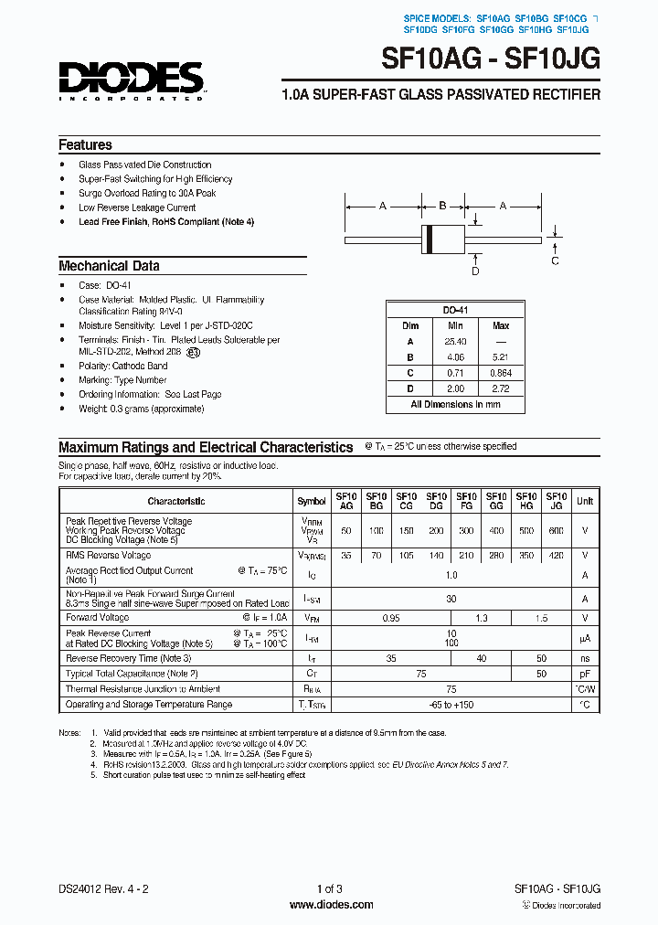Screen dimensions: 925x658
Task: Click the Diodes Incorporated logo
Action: coord(132,80)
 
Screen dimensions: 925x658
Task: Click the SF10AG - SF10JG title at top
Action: coord(490,58)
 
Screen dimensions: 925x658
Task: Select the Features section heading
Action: coord(85,144)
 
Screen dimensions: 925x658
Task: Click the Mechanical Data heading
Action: coord(109,266)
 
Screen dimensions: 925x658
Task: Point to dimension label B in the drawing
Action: coord(441,206)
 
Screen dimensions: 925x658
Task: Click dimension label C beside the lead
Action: coord(555,261)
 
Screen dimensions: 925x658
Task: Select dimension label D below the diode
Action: coord(475,271)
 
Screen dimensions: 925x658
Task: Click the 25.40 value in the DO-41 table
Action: coord(454,341)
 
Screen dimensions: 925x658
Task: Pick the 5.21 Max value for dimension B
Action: coord(501,356)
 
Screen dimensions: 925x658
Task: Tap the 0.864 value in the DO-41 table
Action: coord(501,372)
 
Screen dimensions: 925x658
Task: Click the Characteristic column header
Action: coord(175,501)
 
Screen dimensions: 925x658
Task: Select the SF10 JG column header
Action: coord(556,501)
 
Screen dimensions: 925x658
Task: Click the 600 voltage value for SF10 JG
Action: coord(556,531)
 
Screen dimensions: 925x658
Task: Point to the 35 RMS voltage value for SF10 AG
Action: coord(346,555)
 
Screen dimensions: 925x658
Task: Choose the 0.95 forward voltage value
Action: coord(391,618)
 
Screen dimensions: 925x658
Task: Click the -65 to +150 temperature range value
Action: coord(451,705)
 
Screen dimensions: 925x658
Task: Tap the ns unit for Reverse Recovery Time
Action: coord(585,658)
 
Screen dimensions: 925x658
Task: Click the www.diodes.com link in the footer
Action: coord(331,905)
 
